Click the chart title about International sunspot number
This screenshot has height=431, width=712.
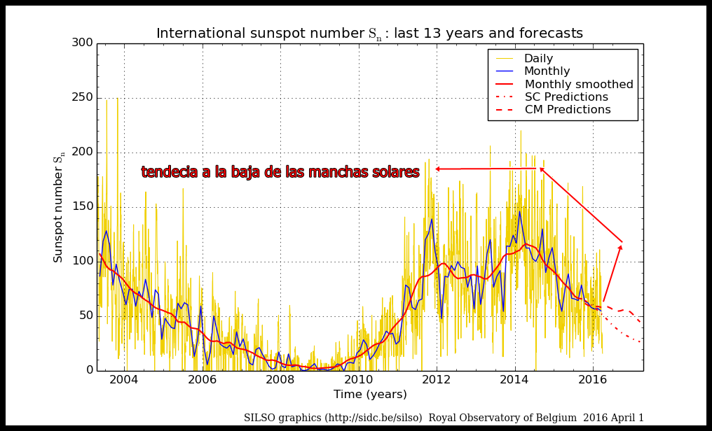(x=369, y=34)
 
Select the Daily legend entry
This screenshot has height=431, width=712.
(x=538, y=59)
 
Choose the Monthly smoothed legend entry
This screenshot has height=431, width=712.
(x=579, y=85)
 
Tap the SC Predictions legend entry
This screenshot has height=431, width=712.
(x=566, y=97)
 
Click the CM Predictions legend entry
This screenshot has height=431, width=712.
(x=568, y=110)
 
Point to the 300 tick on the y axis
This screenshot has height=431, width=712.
(x=82, y=43)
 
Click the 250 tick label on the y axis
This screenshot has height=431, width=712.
(x=82, y=97)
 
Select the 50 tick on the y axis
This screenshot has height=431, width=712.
(x=85, y=316)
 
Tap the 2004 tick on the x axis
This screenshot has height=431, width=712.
(x=124, y=380)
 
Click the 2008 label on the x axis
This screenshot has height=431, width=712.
(x=280, y=380)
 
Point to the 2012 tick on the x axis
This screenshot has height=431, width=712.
(x=437, y=380)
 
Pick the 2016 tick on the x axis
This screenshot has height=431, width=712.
(x=593, y=380)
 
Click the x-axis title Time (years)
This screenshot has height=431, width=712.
(x=369, y=395)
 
